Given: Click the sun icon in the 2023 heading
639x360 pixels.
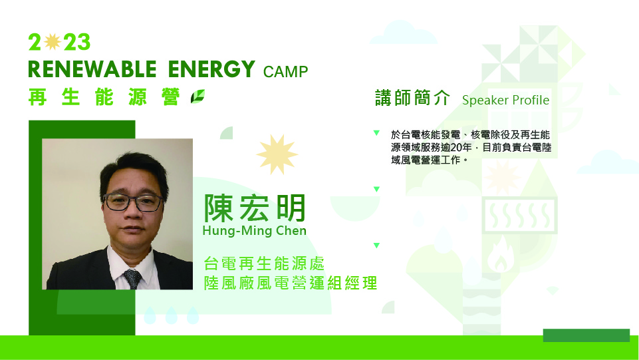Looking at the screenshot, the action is coord(52,41).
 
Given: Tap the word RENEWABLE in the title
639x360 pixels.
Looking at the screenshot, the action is coord(92,69).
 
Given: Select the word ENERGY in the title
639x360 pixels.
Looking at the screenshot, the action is coord(211,69).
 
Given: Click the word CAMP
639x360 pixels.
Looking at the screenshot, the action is coord(285,72).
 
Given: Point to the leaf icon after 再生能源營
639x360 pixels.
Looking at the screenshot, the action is coord(197,96).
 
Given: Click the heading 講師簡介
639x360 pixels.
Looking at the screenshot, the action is coord(412,98).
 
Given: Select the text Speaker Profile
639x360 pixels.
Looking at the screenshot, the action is coord(506,100).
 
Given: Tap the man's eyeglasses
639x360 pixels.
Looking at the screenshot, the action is coord(133,202).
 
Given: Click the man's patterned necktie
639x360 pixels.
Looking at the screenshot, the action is coord(133,278).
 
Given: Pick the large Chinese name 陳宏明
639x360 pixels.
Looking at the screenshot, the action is coord(255,208).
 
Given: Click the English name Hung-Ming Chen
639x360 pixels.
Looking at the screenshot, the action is coord(254,231).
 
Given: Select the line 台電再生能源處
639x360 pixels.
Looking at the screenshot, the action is coord(264,264).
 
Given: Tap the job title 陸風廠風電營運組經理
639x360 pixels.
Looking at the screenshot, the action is coord(291,283).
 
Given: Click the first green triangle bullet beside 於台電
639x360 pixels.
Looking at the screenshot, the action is coord(376,133).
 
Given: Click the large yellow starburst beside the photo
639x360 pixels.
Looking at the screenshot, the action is coord(277,154).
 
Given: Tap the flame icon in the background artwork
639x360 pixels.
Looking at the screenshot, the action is coord(501,255).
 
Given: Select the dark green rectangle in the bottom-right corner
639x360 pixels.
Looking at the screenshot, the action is coord(586,335).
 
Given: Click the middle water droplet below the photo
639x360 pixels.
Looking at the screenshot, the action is coord(171,315).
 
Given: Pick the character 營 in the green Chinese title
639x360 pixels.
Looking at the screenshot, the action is coord(170,97).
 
